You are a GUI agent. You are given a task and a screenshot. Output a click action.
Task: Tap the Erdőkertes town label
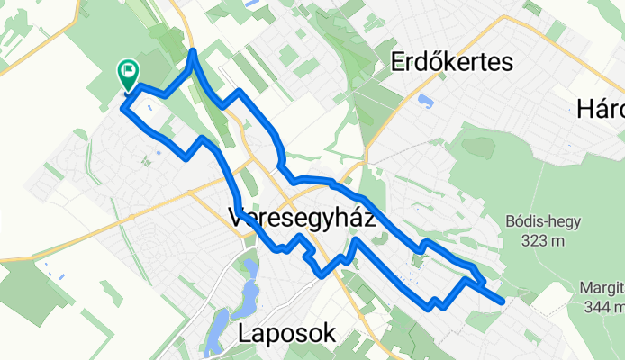pos(452,62)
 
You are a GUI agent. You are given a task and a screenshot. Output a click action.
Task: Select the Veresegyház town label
pos(302,219)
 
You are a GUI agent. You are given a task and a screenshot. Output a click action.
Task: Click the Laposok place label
pos(286,334)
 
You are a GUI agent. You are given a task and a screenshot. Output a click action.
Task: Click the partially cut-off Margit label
pos(604,289)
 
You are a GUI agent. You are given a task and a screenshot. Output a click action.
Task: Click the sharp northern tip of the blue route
pos(193,52)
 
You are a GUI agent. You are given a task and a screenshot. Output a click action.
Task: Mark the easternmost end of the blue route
pos(503,301)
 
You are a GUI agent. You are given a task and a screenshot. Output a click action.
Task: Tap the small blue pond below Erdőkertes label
pos(425,101)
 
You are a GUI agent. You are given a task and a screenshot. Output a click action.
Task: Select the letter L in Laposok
pos(245,334)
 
